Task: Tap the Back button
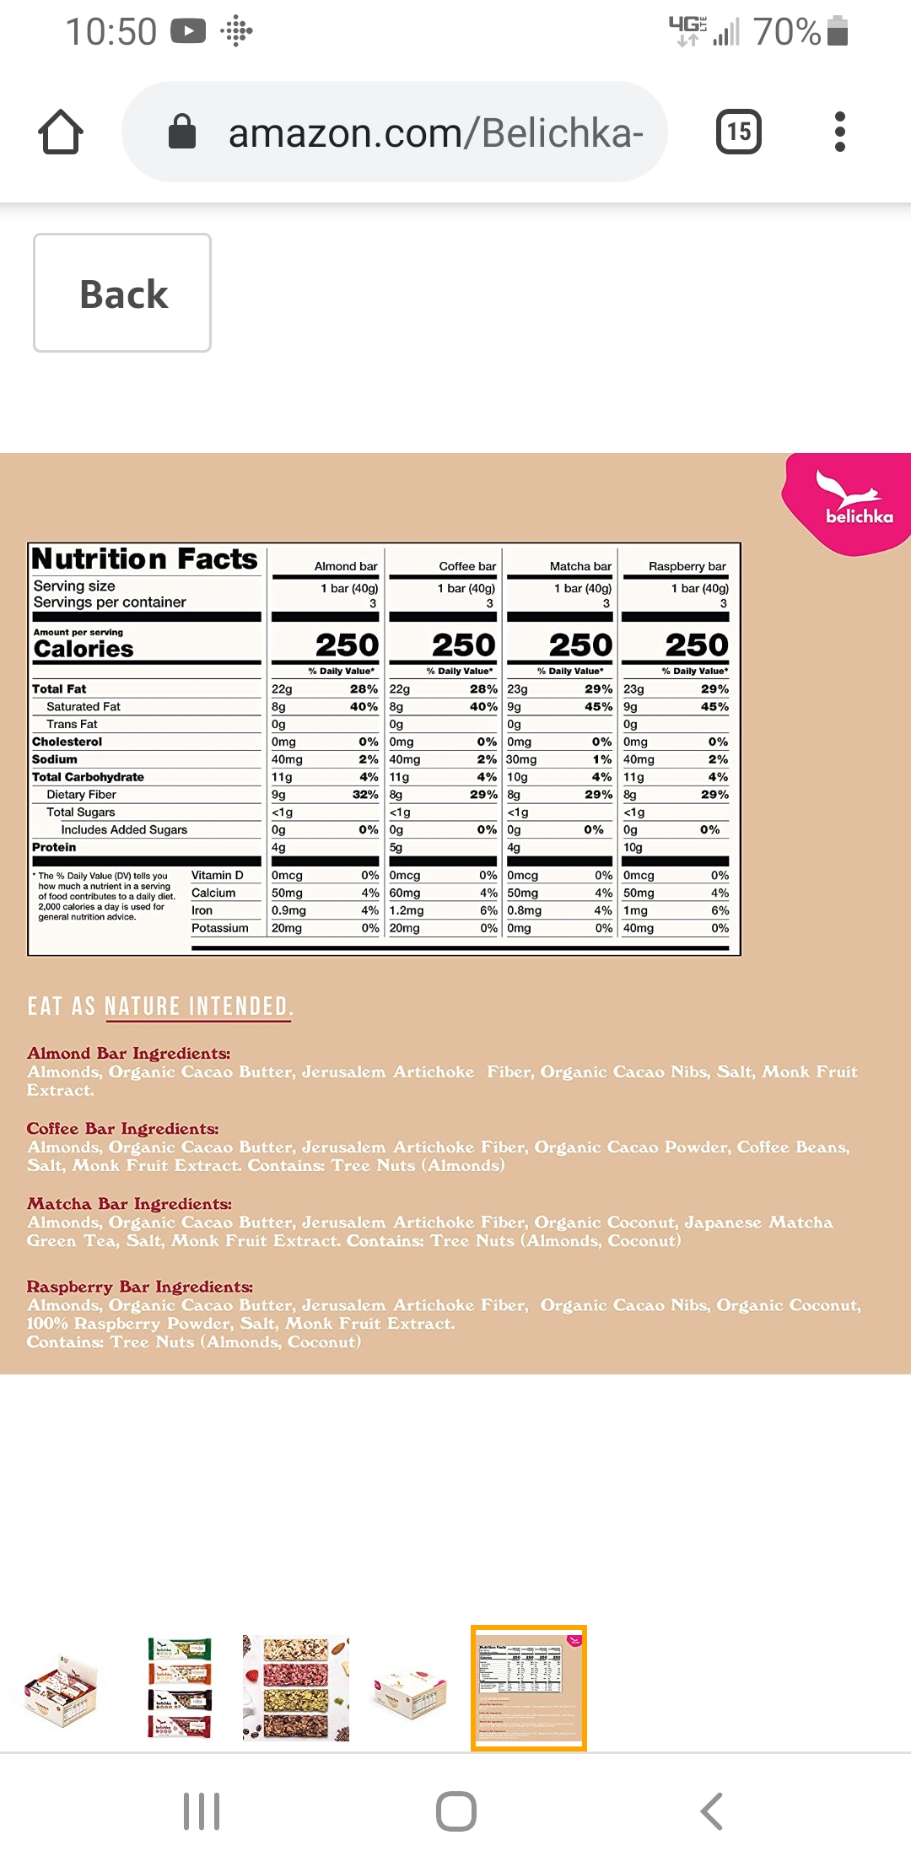click(122, 293)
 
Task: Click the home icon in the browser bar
click(61, 132)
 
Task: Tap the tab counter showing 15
click(738, 132)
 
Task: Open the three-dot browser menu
click(839, 132)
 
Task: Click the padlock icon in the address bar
click(182, 132)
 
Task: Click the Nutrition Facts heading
click(144, 559)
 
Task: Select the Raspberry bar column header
click(687, 566)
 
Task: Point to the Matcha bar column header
click(580, 566)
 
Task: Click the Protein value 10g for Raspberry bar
click(633, 847)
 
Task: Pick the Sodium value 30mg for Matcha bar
click(521, 759)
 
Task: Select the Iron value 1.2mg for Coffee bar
click(406, 910)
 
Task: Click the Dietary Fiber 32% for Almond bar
click(364, 794)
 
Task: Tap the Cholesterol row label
click(67, 742)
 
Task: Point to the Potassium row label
click(219, 928)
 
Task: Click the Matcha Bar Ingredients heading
click(129, 1204)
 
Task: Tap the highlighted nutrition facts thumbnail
click(528, 1687)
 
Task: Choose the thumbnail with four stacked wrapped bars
click(180, 1687)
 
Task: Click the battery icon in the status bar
click(838, 31)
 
